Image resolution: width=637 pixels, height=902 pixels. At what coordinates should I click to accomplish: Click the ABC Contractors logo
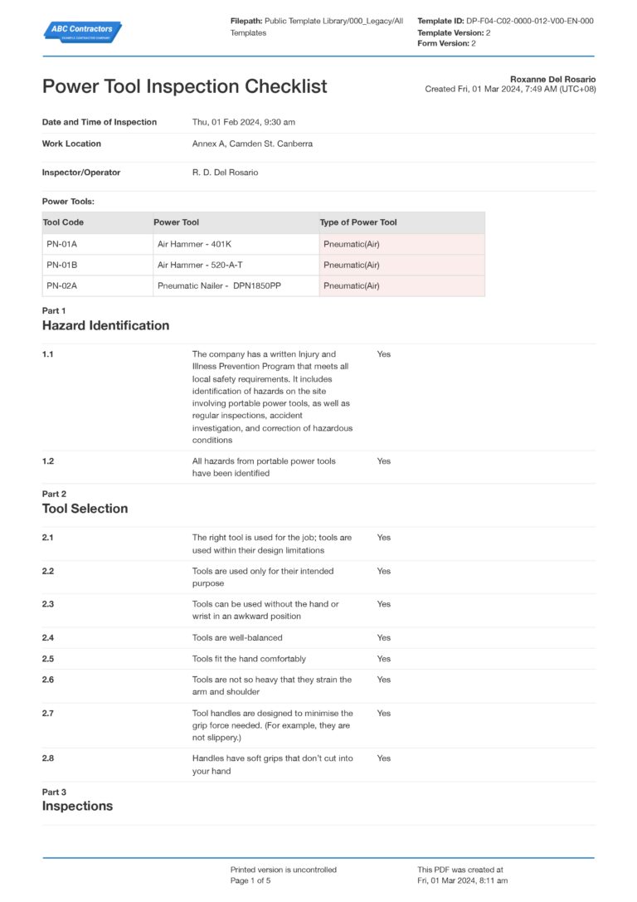click(82, 32)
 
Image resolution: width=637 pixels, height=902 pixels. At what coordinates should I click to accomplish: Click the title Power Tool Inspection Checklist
click(184, 86)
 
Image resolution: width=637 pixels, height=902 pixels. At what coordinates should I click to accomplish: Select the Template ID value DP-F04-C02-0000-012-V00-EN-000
click(529, 21)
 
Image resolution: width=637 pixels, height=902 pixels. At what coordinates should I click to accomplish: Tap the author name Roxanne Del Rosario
click(552, 80)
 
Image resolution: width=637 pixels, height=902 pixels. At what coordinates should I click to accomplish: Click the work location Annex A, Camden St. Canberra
click(252, 144)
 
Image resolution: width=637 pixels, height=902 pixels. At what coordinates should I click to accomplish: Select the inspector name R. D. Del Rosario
click(225, 173)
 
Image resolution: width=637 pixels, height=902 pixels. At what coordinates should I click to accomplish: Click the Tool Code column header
click(63, 222)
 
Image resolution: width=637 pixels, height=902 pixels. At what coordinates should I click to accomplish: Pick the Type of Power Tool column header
click(358, 222)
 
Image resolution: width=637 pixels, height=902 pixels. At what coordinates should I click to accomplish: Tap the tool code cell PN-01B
click(61, 265)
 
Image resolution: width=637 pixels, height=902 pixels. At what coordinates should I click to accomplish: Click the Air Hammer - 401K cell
click(194, 244)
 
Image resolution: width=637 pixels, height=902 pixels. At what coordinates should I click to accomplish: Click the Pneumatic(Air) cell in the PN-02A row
click(352, 285)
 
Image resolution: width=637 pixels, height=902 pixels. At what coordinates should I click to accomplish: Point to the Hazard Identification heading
click(105, 325)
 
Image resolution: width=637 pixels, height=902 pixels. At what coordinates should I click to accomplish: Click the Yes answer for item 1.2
click(383, 461)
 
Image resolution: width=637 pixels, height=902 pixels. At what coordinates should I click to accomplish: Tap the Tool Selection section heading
click(85, 509)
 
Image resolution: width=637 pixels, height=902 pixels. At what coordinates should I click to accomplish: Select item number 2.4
click(48, 638)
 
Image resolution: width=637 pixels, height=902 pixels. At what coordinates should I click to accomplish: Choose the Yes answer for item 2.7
click(383, 713)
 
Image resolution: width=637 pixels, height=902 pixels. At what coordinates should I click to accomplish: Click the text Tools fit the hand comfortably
click(249, 659)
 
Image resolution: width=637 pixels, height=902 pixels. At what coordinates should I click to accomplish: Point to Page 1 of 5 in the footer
click(250, 880)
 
